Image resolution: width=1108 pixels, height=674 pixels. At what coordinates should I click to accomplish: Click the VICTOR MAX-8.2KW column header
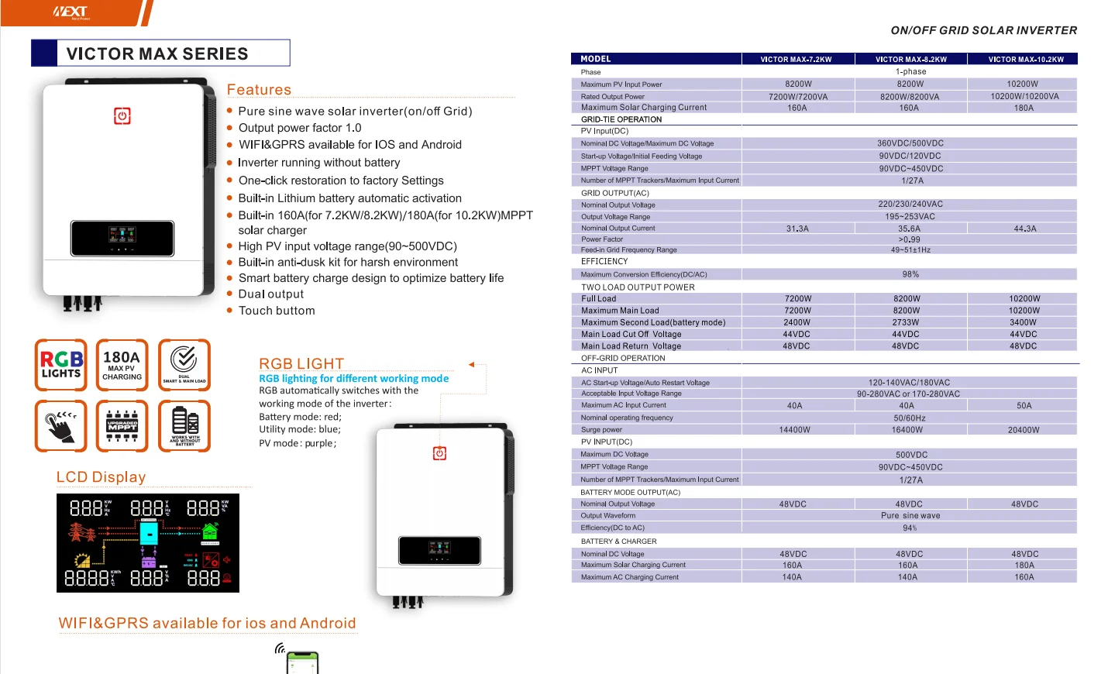(910, 59)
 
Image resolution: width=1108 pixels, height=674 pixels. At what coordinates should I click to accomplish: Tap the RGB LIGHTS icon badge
(61, 364)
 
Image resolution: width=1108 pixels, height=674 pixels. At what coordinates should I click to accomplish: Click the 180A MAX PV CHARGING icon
(122, 364)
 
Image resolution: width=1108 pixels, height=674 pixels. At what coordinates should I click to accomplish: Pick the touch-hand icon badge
(61, 425)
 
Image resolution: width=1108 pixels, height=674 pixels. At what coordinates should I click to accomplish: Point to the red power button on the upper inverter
(122, 116)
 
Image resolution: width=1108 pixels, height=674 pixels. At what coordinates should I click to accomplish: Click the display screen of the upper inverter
(122, 238)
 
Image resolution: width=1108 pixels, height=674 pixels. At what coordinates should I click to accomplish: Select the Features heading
(259, 90)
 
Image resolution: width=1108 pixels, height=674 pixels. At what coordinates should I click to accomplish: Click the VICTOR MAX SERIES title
(157, 53)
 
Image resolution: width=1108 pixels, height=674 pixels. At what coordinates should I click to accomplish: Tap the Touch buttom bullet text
(277, 311)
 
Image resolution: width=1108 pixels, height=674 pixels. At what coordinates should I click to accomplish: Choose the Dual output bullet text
(271, 294)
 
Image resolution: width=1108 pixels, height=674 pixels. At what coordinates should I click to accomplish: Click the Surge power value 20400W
(1024, 430)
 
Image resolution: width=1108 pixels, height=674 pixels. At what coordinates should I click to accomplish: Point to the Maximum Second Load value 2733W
(906, 322)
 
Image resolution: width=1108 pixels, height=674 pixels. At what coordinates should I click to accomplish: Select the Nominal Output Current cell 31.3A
(797, 229)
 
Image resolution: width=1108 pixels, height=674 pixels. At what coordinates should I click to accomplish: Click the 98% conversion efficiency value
(910, 274)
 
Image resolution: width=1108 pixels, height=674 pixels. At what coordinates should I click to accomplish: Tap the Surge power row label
(602, 430)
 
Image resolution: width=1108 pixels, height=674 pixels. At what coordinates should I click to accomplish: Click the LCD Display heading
(101, 477)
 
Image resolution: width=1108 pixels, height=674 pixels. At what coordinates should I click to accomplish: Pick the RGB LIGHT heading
(301, 363)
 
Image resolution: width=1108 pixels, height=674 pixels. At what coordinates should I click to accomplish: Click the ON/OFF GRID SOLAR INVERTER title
(983, 30)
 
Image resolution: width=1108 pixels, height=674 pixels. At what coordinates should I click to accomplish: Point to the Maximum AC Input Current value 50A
(1024, 406)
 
